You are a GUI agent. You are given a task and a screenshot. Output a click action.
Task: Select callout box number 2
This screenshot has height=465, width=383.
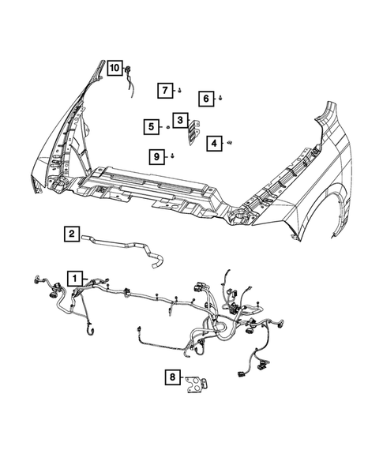tap(71, 233)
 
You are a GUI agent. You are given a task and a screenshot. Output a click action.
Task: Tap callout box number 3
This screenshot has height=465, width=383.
tap(181, 120)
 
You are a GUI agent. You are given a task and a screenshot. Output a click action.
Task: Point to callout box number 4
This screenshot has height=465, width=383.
tap(214, 143)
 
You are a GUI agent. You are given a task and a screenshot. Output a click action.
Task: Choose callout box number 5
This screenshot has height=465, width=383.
tap(150, 126)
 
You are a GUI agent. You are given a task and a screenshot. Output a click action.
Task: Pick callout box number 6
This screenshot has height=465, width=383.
tap(205, 99)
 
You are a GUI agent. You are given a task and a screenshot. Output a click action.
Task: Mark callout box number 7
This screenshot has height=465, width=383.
tap(165, 90)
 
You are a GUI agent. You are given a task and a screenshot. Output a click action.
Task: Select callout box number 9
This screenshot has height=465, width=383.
tap(158, 156)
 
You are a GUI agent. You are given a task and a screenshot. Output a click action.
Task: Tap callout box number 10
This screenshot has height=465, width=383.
tap(115, 68)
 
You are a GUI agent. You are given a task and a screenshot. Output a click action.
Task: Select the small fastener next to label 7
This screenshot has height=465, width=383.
tap(179, 91)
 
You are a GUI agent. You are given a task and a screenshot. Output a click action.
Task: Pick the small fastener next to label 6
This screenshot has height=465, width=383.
tap(220, 98)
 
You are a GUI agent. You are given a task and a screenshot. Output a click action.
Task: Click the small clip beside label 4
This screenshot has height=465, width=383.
tap(228, 142)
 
